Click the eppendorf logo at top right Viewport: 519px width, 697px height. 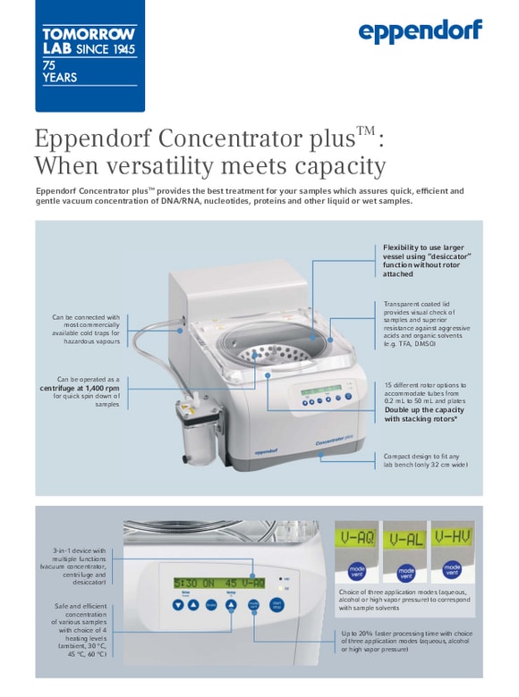coord(420,32)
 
